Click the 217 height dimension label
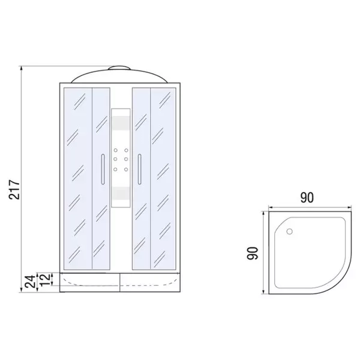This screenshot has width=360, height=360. pyautogui.click(x=14, y=190)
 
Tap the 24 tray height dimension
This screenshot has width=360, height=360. pyautogui.click(x=31, y=281)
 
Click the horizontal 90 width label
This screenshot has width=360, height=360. pyautogui.click(x=307, y=197)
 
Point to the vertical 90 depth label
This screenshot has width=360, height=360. pyautogui.click(x=253, y=253)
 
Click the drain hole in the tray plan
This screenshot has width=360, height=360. pyautogui.click(x=289, y=231)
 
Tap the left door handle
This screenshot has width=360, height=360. pyautogui.click(x=103, y=169)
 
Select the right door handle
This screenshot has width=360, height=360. pyautogui.click(x=139, y=169)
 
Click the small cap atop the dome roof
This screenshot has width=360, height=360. pyautogui.click(x=120, y=68)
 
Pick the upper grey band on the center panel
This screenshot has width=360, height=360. pyautogui.click(x=121, y=123)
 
